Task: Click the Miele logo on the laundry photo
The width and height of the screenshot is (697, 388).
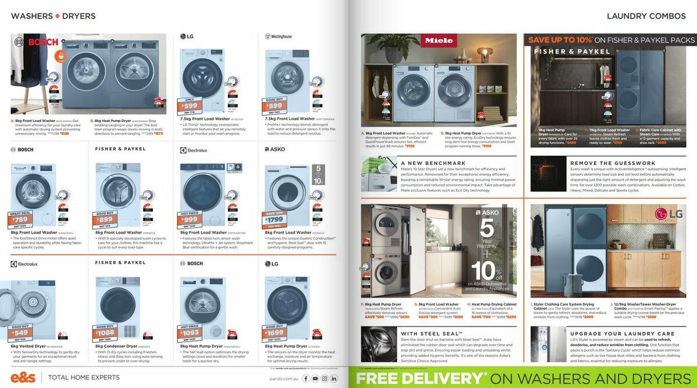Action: (x=439, y=41)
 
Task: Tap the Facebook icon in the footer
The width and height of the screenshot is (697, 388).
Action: (x=306, y=379)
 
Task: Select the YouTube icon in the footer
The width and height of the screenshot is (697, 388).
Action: (x=315, y=379)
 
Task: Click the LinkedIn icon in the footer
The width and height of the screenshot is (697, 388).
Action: (x=334, y=379)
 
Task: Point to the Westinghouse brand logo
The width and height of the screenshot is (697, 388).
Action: (x=278, y=37)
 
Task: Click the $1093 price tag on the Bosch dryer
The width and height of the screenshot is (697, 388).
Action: (x=189, y=333)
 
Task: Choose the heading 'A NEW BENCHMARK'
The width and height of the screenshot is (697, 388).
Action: (x=433, y=163)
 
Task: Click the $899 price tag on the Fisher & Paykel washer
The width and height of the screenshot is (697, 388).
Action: (x=105, y=220)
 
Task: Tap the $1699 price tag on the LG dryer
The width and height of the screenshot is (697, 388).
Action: (x=275, y=333)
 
